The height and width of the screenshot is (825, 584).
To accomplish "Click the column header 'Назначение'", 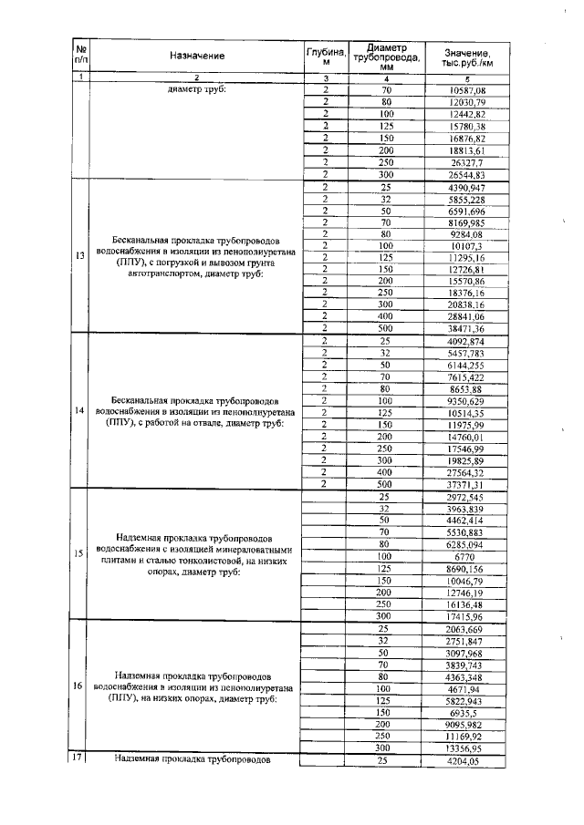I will click(x=196, y=56).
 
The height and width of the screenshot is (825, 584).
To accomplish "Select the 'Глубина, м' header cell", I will click(x=325, y=56).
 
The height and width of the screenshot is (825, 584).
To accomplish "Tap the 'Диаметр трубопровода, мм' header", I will click(x=386, y=56).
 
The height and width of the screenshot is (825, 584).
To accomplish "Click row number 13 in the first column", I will click(x=80, y=255).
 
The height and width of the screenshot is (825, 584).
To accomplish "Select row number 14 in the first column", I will click(x=80, y=410).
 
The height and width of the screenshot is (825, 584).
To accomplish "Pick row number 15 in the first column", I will click(x=80, y=552).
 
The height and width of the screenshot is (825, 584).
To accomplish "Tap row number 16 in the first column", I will click(x=80, y=685).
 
